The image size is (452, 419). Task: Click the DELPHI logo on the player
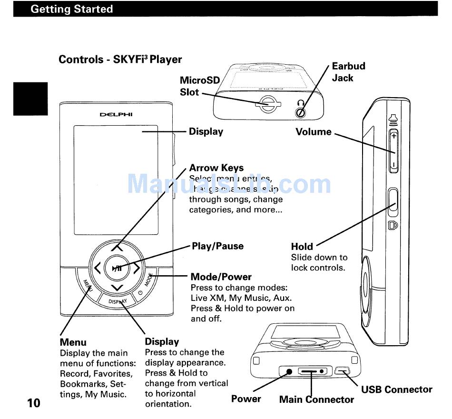[116, 115]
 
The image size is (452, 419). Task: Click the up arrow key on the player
[117, 248]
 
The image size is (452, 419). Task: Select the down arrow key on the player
[117, 288]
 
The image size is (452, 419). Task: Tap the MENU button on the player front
[87, 286]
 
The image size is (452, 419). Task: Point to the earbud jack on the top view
[300, 112]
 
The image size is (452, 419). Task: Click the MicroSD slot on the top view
[268, 104]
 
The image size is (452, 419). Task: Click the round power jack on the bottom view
[288, 371]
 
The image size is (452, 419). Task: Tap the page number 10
[34, 403]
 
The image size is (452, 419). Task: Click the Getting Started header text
[71, 9]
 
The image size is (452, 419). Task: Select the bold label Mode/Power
[221, 277]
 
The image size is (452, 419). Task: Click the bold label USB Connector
[397, 389]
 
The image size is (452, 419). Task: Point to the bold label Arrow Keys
[216, 168]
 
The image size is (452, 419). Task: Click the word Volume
[314, 132]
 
